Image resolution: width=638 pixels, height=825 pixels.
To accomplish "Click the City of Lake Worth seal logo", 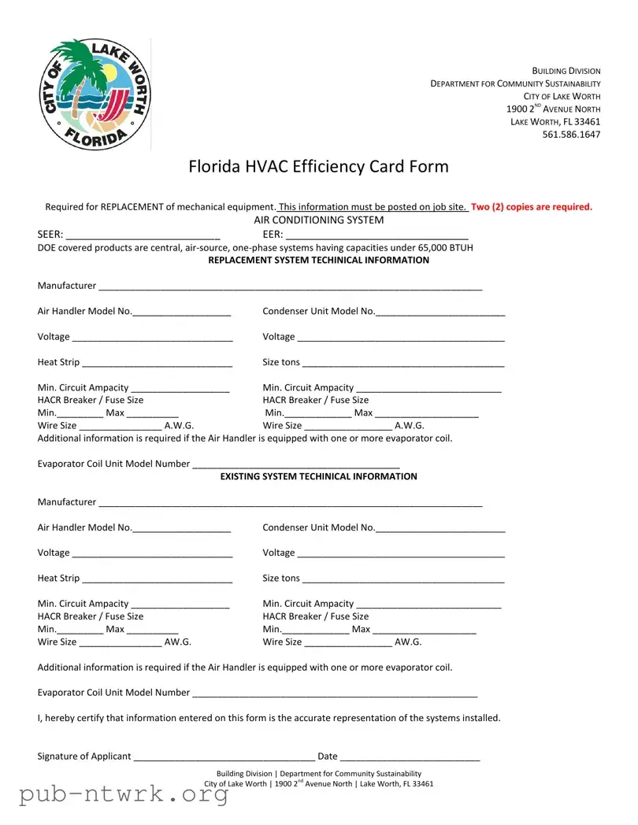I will pyautogui.click(x=95, y=95).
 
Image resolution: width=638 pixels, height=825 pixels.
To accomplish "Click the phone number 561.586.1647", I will pyautogui.click(x=571, y=135).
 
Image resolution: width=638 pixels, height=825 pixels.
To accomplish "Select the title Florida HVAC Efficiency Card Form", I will pyautogui.click(x=318, y=167).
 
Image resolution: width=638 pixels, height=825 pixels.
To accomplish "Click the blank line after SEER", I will pyautogui.click(x=143, y=235).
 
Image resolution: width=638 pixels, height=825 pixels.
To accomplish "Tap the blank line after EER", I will pyautogui.click(x=376, y=235).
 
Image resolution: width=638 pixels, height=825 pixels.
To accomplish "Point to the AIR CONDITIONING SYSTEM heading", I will pyautogui.click(x=318, y=220).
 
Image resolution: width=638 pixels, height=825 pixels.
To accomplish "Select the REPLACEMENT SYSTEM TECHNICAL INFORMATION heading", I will pyautogui.click(x=318, y=261).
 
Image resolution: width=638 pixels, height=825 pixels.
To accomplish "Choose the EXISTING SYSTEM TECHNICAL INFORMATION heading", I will pyautogui.click(x=318, y=477).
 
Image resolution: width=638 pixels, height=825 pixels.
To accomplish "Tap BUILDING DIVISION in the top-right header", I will pyautogui.click(x=566, y=71).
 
